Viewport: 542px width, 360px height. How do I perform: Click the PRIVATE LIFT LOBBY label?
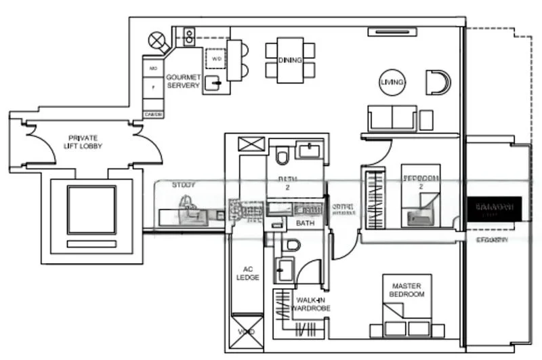pos(83,142)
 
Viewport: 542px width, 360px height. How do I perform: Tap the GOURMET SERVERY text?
pos(183,81)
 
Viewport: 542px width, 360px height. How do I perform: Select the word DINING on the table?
pos(290,60)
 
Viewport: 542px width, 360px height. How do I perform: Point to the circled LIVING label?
pos(392,82)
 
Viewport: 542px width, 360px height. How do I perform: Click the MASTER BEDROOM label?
pos(407,290)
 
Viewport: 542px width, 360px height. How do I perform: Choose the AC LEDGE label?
pos(248,273)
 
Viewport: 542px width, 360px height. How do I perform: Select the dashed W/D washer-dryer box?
pos(216,60)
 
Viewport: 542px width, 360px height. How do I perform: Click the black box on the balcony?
pos(494,208)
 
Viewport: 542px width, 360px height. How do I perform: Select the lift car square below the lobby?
pos(91,209)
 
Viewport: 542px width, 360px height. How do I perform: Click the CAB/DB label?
pos(154,115)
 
